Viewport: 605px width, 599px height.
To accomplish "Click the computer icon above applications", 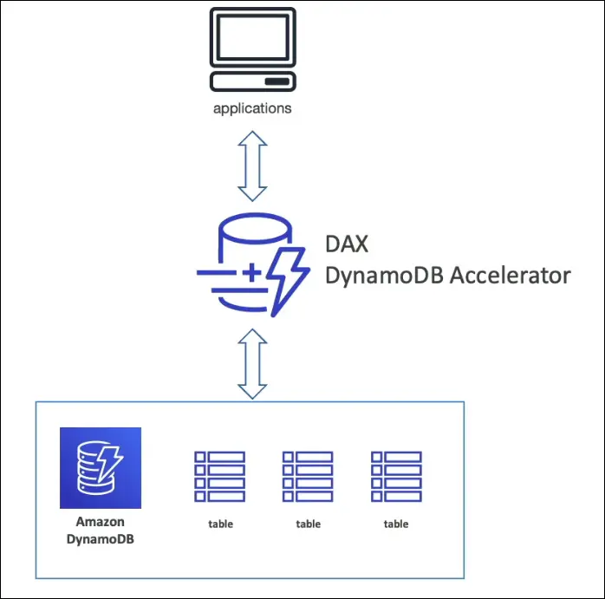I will (252, 50).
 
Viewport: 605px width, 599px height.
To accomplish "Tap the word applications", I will (252, 109).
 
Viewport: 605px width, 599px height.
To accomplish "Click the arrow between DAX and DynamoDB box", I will (252, 363).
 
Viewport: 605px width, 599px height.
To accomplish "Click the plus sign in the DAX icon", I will (250, 274).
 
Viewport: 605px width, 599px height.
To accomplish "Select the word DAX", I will (346, 244).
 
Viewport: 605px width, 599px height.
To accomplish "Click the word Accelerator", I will (516, 276).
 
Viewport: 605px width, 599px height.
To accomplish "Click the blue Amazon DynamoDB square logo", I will (101, 468).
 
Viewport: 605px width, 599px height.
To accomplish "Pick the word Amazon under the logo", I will (101, 522).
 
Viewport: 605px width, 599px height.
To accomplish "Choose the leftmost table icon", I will (220, 476).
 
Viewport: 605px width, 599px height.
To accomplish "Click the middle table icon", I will (308, 476).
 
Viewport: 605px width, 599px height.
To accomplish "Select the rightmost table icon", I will (396, 476).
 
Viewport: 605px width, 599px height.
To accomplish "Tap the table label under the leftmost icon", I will (220, 524).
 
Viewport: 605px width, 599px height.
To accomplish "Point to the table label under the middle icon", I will (308, 524).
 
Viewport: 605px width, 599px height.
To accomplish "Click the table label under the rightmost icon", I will (396, 524).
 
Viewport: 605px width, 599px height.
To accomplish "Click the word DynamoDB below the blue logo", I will (101, 538).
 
